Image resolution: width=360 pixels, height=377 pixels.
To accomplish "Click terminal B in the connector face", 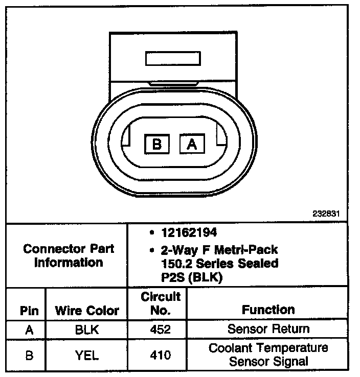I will click(157, 145).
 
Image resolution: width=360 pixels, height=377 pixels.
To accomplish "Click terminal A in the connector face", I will click(192, 145).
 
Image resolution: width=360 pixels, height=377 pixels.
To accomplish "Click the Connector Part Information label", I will click(69, 256).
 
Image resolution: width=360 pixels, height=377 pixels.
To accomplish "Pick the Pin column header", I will click(29, 310).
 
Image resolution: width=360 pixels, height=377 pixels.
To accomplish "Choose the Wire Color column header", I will click(87, 310).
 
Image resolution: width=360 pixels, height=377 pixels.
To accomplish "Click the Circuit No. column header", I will click(161, 303).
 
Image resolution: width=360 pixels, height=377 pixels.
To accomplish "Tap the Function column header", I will click(268, 310).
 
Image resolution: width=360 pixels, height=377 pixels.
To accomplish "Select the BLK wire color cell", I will click(86, 329).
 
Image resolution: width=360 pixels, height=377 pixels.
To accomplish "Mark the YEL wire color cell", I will click(86, 355).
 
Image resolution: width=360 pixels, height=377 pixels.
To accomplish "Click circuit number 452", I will click(161, 329).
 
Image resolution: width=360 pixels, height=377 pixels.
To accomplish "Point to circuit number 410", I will click(161, 355).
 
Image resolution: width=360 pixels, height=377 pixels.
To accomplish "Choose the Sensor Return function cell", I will click(268, 329).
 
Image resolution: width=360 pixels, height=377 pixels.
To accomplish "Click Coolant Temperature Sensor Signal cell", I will click(268, 355).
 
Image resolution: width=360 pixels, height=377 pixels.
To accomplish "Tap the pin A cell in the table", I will click(29, 329).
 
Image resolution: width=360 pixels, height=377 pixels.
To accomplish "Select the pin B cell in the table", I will click(29, 355).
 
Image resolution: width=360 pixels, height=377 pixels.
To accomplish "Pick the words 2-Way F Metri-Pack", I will click(219, 250).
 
